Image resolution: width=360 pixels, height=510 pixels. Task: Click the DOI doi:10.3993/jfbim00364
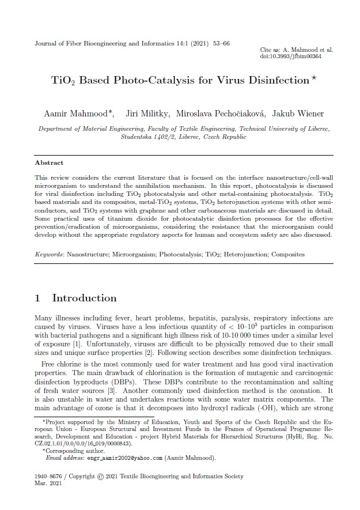pos(290,56)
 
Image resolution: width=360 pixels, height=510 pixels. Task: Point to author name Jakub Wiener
pos(298,114)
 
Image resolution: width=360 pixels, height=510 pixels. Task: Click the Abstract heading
pos(49,163)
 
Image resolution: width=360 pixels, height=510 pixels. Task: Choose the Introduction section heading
pos(84,298)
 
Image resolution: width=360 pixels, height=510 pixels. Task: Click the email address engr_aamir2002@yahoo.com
pos(122,458)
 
